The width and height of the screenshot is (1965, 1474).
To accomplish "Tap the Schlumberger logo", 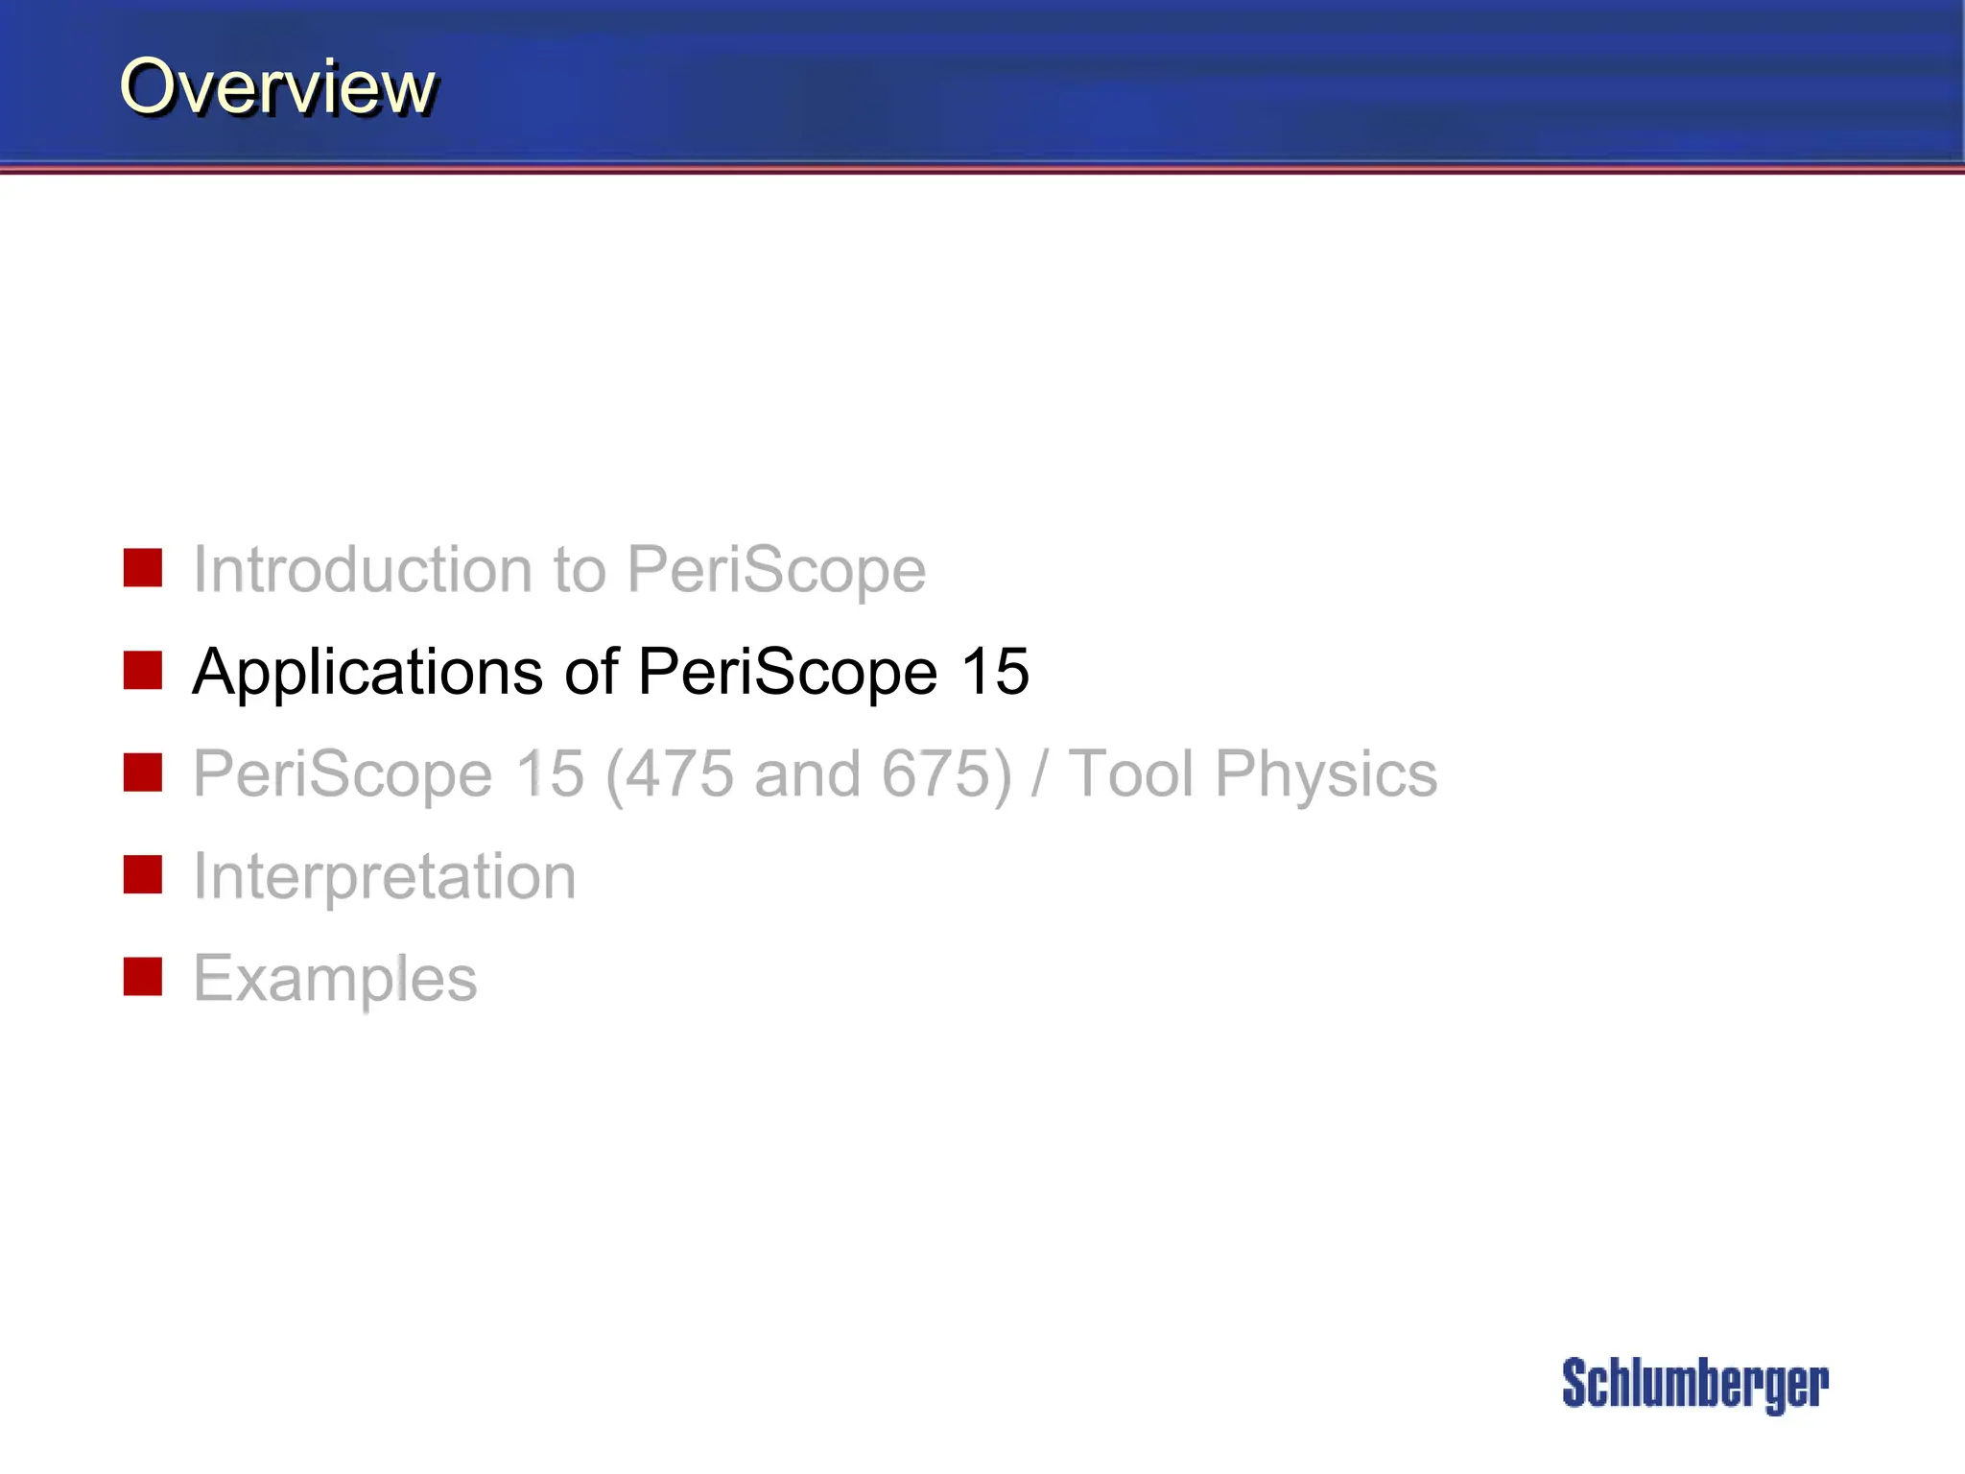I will point(1694,1384).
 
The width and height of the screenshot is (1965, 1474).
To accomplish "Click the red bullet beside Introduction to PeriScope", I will point(143,568).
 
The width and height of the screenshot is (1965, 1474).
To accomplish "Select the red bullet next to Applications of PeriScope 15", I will point(143,671).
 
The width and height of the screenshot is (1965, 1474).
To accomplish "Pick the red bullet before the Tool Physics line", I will point(143,773).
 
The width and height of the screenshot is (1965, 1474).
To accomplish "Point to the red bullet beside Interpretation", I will point(143,875).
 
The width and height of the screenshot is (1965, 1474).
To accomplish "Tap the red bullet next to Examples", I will point(143,977).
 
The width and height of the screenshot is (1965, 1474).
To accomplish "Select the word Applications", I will point(367,673).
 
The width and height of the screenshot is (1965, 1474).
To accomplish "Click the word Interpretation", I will point(385,877).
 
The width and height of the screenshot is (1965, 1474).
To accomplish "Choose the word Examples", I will point(335,980).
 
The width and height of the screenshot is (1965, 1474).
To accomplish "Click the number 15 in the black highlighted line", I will point(995,671).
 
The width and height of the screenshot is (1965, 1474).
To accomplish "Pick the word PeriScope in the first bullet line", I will point(776,569).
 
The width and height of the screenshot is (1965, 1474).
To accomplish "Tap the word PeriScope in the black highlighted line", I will point(788,671).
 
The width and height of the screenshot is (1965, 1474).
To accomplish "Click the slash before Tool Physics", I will point(1038,773).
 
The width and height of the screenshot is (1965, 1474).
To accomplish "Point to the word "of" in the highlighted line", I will point(591,671).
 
